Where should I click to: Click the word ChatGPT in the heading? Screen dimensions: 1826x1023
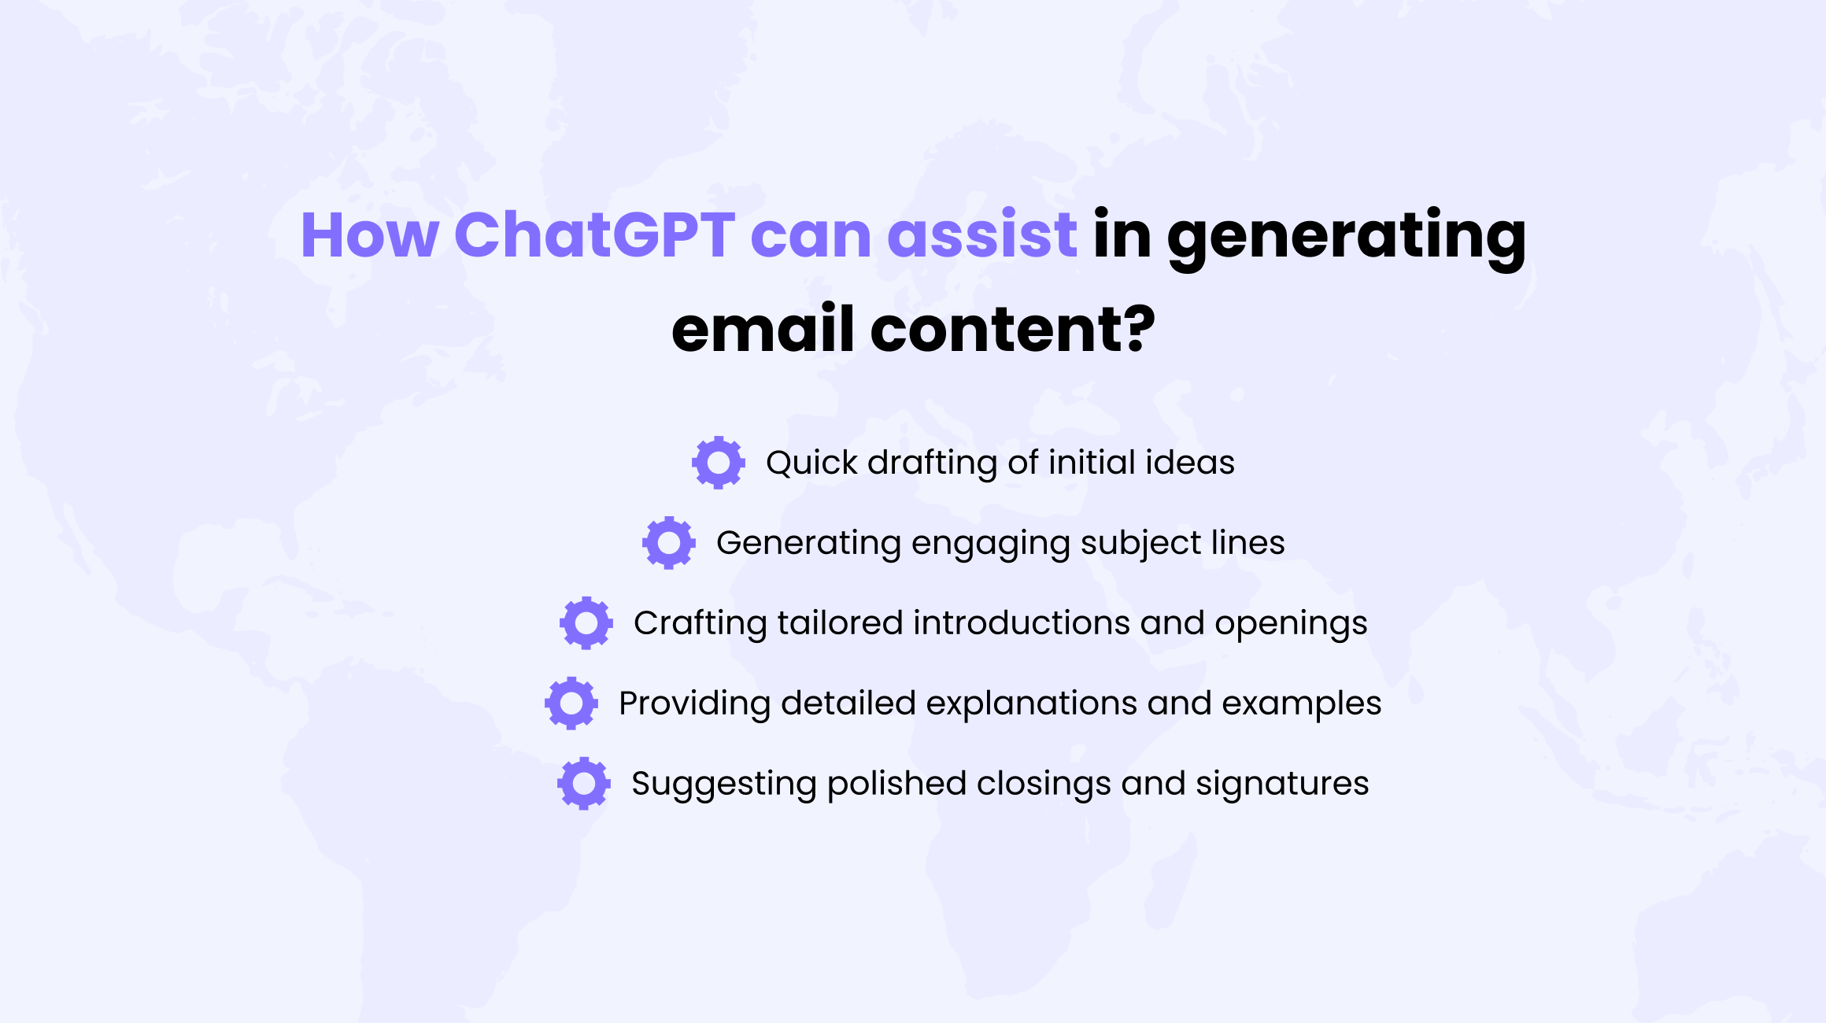click(595, 235)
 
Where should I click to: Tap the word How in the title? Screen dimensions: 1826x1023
click(370, 235)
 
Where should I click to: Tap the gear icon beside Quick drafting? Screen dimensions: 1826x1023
click(719, 463)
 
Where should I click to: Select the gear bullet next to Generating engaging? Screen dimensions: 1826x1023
click(669, 543)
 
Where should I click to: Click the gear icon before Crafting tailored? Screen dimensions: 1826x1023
click(586, 623)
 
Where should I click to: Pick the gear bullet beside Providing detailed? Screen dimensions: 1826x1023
click(571, 704)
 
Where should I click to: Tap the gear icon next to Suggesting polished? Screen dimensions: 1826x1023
click(584, 784)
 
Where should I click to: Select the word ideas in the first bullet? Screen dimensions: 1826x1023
click(1190, 462)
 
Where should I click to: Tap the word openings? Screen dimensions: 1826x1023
click(1292, 626)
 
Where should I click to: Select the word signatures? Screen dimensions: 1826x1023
click(1283, 785)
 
